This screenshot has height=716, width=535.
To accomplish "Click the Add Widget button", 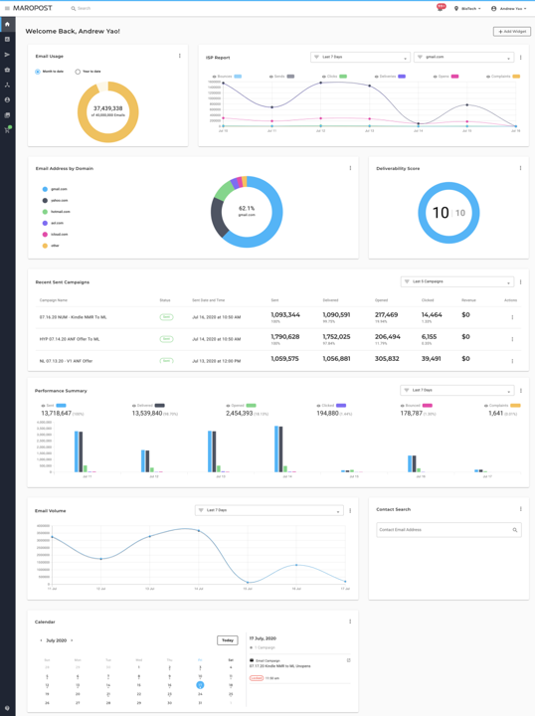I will (x=511, y=32).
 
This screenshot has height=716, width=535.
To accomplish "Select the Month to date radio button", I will (x=38, y=72).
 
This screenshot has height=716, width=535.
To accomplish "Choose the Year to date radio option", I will (x=78, y=72).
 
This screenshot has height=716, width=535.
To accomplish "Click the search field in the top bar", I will (x=149, y=8).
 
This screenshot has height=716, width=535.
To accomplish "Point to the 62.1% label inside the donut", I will (x=247, y=209).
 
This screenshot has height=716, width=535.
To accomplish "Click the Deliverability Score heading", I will (x=398, y=168).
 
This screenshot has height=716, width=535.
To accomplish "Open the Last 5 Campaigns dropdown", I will (x=456, y=282).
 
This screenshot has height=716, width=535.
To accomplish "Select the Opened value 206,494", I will (x=388, y=337).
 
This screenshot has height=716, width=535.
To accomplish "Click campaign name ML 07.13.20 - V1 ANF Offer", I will (x=66, y=360).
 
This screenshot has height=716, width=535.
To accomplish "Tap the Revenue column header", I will (x=469, y=299).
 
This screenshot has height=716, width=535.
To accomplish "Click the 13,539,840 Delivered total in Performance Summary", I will (x=147, y=413).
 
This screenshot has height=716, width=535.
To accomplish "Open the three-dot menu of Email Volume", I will (x=350, y=510).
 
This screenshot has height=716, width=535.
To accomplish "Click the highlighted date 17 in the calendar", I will (x=200, y=684).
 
